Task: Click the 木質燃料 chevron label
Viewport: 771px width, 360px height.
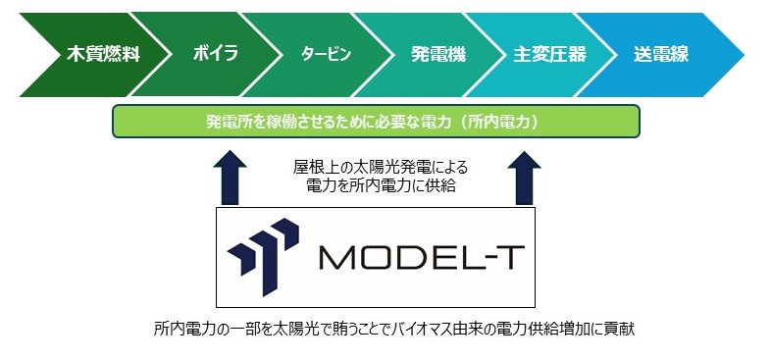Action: [103, 55]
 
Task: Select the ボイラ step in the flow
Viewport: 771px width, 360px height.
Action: [216, 54]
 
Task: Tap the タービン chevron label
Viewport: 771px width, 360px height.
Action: [326, 55]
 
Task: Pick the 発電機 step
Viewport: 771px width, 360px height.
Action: [438, 55]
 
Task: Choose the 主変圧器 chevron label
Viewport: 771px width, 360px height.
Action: [549, 55]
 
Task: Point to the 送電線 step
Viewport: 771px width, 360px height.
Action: [661, 55]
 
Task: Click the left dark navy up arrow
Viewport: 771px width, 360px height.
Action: [231, 178]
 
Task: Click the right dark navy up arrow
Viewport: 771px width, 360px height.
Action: [524, 178]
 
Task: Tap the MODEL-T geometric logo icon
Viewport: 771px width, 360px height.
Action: [263, 256]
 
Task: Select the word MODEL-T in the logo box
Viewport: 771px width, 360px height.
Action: [417, 257]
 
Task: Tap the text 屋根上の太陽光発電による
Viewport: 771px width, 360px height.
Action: [380, 168]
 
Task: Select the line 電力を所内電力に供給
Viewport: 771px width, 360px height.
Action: [381, 186]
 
